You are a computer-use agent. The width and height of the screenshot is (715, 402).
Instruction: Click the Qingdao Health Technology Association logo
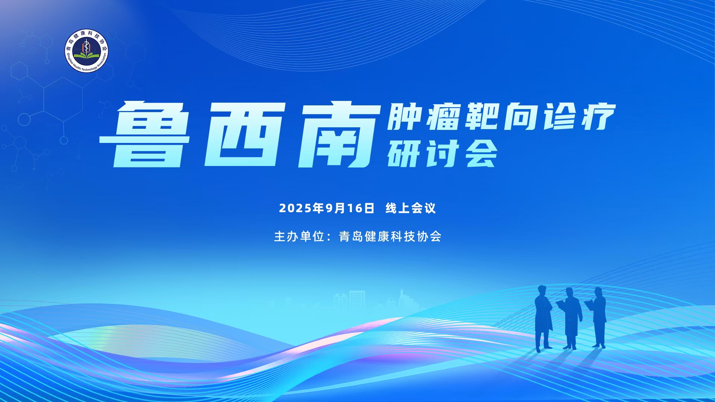pos(86,51)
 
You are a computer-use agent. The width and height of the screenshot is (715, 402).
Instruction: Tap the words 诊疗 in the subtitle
pos(579,117)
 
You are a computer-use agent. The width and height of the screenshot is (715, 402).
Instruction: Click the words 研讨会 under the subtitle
pos(442,154)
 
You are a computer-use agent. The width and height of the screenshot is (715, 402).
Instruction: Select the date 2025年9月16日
pos(327,208)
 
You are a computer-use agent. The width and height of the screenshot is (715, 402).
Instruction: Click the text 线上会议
pos(411,208)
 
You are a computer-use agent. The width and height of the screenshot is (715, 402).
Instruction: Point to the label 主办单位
pos(299,236)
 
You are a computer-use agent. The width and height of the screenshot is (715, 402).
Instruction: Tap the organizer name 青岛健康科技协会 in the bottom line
pos(390,236)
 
